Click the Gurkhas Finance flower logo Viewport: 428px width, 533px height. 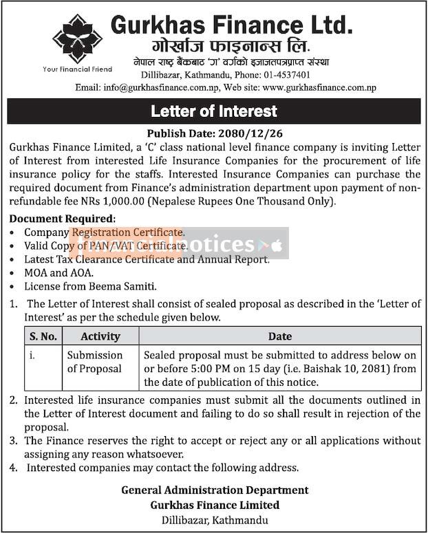(77, 39)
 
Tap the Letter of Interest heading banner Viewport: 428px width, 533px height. (214, 111)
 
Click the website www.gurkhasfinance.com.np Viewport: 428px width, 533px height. (319, 87)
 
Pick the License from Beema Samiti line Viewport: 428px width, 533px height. (91, 285)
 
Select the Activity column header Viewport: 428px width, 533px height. (100, 336)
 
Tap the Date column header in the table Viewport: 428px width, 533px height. (280, 336)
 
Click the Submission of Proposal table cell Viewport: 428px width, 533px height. (94, 362)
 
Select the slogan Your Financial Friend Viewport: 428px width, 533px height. (77, 69)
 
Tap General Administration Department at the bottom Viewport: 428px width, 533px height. (215, 490)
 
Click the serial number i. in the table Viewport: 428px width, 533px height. (32, 356)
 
